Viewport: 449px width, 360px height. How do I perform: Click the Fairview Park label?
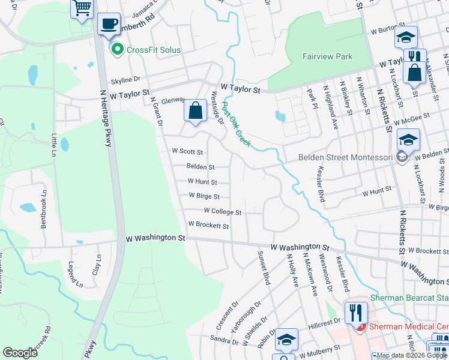[327, 56]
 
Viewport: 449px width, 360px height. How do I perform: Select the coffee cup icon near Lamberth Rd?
[109, 24]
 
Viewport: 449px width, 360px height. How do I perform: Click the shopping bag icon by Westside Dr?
[195, 111]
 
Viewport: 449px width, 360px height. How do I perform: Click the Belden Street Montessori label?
[346, 157]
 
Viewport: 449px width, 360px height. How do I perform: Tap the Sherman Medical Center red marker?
[360, 326]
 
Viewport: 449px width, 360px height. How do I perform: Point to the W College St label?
[223, 211]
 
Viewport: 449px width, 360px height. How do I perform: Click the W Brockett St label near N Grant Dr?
[209, 226]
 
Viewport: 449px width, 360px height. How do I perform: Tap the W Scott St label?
[187, 152]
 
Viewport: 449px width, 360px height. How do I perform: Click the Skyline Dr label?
[124, 79]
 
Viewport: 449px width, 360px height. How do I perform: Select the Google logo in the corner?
[20, 352]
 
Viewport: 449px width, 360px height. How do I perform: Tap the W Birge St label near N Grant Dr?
[204, 196]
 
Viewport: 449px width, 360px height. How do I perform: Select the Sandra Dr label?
[225, 340]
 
